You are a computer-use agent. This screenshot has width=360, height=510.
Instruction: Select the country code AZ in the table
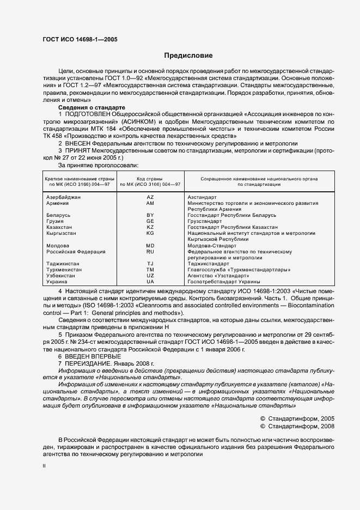point(150,197)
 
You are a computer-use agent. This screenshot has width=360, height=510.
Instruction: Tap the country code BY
point(150,215)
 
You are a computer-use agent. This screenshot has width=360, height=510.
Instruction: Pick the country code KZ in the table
point(150,227)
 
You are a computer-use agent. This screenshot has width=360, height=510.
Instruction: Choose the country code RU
point(150,252)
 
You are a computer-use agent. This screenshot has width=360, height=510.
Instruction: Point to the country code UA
point(150,282)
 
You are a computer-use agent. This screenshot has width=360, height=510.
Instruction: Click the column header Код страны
point(150,178)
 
